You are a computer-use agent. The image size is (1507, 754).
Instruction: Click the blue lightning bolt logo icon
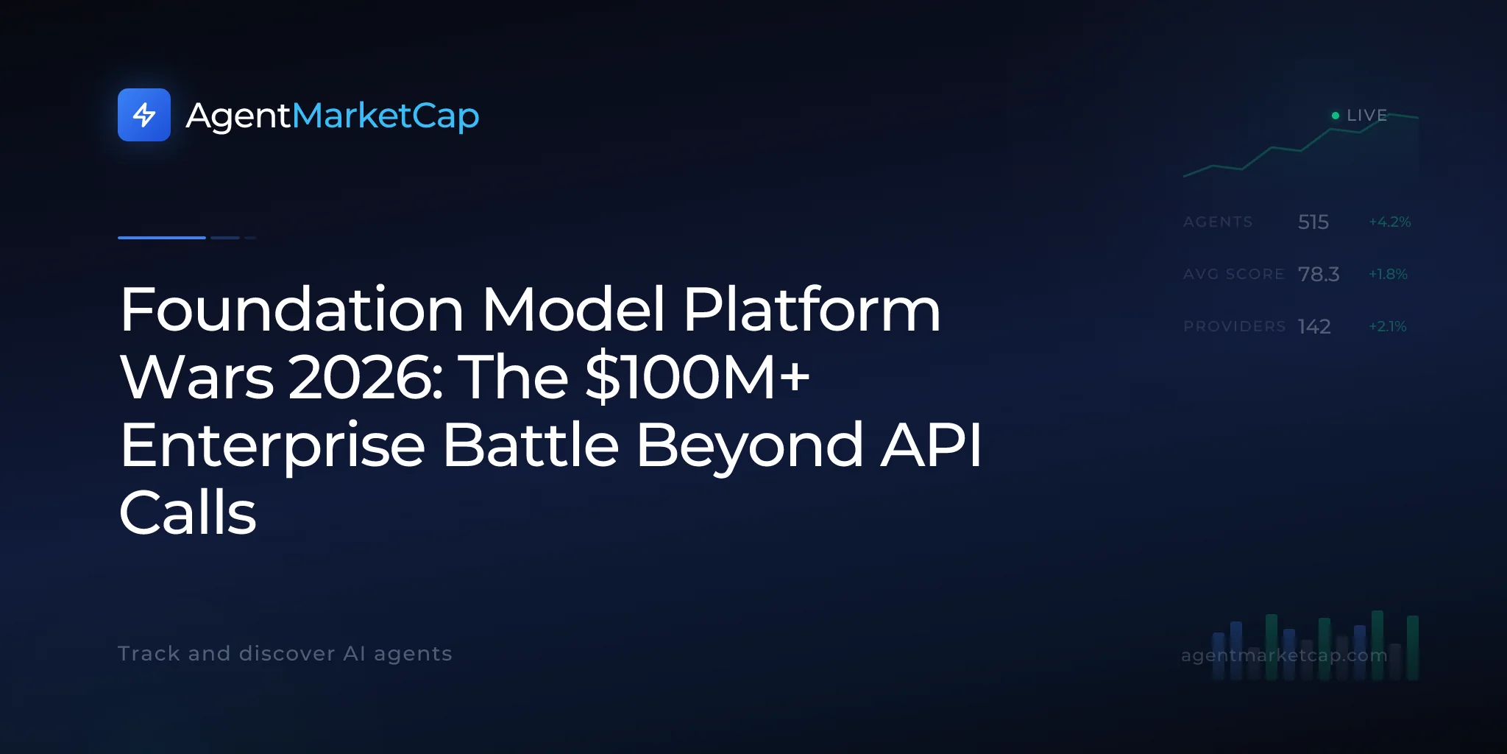[x=144, y=115]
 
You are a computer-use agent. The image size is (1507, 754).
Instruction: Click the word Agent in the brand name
[x=238, y=116]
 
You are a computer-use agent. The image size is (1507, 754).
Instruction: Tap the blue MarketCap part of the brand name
[x=386, y=116]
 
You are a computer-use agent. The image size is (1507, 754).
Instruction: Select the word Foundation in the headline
[x=292, y=309]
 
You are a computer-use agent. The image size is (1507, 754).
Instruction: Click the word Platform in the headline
[x=812, y=309]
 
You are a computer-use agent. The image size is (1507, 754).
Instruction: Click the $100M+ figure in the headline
[x=698, y=377]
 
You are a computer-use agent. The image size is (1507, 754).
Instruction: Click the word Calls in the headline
[x=188, y=512]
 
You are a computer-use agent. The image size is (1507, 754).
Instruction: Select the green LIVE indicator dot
[x=1336, y=116]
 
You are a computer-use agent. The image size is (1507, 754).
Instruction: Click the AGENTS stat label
[x=1218, y=222]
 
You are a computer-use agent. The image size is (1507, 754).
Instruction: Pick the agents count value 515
[x=1313, y=222]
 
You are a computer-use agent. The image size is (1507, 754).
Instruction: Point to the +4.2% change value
[x=1390, y=222]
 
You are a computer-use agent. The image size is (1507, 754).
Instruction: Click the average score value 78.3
[x=1319, y=274]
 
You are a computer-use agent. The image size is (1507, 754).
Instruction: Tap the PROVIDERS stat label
[x=1235, y=326]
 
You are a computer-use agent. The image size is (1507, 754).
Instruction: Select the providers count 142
[x=1314, y=326]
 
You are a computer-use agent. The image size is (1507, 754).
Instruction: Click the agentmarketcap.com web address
[x=1284, y=655]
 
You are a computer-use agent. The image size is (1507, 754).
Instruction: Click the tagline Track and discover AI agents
[x=285, y=654]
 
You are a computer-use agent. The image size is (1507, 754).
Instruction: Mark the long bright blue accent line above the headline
[x=162, y=238]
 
